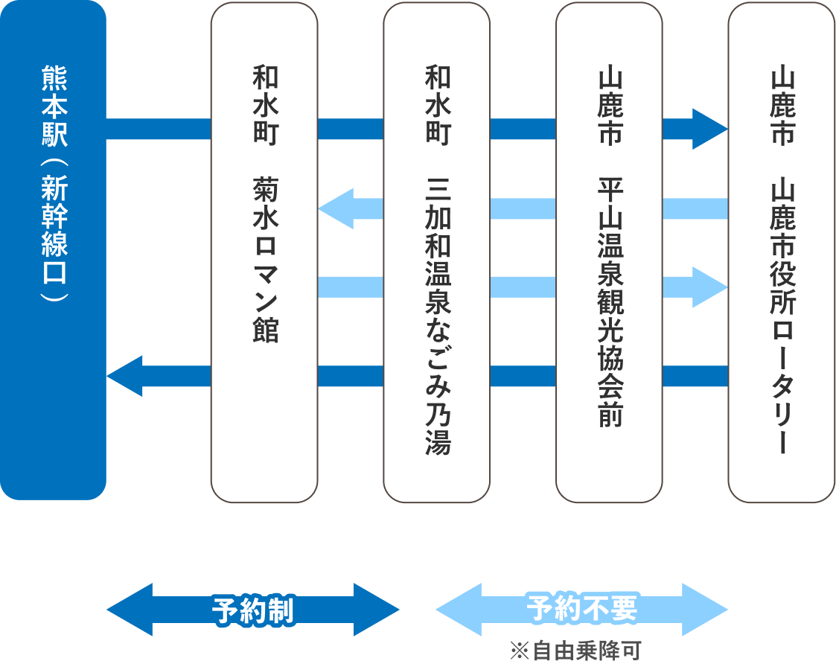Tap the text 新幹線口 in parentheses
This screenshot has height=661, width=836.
coord(54,231)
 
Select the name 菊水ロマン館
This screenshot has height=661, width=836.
coord(265,261)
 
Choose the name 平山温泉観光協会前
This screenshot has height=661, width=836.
coord(610,301)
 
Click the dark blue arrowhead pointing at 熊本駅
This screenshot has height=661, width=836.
coord(124,376)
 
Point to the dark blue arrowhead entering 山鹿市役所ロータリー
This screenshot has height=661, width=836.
coord(709,129)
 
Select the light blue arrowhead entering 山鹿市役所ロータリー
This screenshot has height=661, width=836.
coord(709,287)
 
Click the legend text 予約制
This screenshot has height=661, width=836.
coord(253,610)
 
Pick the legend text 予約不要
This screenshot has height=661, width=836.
coord(582,609)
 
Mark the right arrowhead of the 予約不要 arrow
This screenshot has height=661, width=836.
coord(705,610)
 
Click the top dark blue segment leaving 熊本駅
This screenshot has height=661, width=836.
coord(159,129)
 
